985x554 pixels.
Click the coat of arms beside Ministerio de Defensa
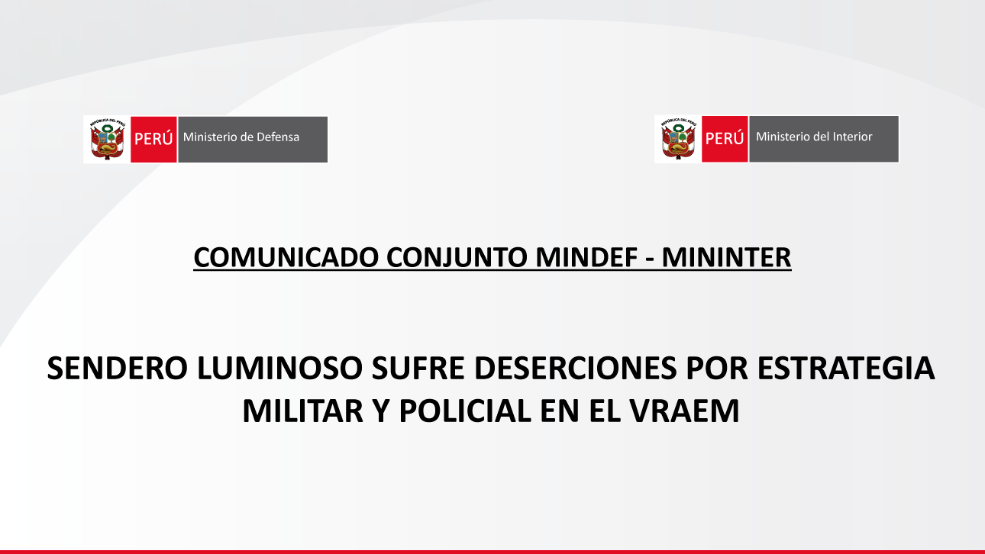coord(108,140)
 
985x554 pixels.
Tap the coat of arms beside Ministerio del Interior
coord(679,139)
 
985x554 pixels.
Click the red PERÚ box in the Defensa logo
coord(154,140)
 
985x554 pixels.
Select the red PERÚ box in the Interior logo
coord(725,139)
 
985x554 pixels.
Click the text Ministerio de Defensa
coord(241,137)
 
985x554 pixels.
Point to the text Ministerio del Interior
coord(814,137)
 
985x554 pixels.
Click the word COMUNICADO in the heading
coord(286,257)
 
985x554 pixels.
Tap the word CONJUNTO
coord(457,258)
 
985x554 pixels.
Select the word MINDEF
coord(586,257)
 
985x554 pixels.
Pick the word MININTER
coord(726,257)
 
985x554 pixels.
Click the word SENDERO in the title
coord(118,368)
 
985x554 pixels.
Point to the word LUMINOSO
coord(279,368)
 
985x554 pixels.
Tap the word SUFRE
coord(418,368)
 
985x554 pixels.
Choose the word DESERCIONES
coord(575,368)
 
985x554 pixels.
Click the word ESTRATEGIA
coord(845,368)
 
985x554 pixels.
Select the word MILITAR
coord(303,411)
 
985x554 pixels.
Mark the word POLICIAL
coord(465,411)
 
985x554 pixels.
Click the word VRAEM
coord(685,411)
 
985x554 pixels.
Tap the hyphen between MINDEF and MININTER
coord(650,259)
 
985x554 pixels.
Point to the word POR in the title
coord(716,368)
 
